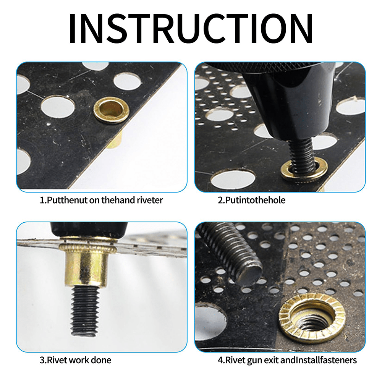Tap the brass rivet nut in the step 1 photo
111,110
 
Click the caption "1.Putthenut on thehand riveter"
101,200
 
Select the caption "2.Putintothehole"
251,200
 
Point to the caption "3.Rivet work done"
75,360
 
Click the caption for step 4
287,360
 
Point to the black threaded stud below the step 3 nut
85,311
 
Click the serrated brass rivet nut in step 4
312,320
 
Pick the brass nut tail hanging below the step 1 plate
115,141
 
